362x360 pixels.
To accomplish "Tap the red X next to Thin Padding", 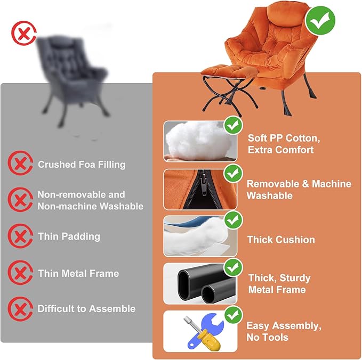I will tap(20, 236).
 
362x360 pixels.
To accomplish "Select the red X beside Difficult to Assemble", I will tap(20, 309).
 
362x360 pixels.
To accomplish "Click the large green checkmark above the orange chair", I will tap(320, 21).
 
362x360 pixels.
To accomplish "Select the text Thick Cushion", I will tap(281, 240).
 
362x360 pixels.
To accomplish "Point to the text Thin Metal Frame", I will tap(78, 273).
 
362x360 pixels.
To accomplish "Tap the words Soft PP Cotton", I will tap(284, 138).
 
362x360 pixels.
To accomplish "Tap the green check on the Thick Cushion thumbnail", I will tap(232, 219).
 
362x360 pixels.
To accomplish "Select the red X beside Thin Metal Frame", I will tap(20, 273).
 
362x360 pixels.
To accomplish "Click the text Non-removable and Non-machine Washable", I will tap(90, 200).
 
